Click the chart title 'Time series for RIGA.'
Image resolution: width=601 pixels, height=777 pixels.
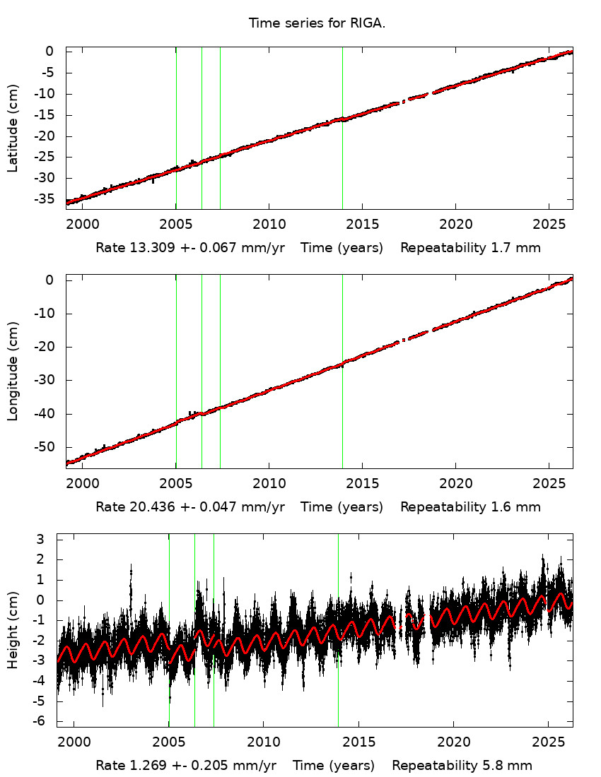317,23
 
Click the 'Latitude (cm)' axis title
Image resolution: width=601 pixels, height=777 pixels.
13,128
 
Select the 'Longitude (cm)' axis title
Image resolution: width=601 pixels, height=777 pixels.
13,371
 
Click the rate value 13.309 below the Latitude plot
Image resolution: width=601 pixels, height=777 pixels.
146,248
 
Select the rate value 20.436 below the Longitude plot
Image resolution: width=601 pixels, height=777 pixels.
146,506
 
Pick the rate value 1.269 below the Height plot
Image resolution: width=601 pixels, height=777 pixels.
141,766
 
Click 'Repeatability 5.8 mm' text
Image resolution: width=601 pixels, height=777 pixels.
462,766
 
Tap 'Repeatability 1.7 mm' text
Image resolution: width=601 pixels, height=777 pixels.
470,248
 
